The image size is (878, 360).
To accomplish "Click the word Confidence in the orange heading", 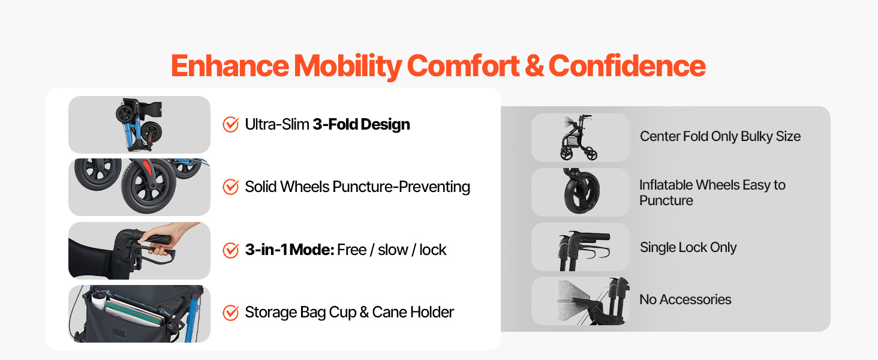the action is [x=627, y=66].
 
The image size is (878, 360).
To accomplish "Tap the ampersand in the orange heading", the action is [x=534, y=66].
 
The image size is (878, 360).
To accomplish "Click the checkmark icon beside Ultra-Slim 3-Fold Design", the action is [x=230, y=124].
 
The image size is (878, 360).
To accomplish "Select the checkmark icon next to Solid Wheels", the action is [x=230, y=187].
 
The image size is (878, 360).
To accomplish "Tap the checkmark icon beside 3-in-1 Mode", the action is [x=230, y=250].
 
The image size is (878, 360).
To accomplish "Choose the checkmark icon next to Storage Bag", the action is [x=230, y=313].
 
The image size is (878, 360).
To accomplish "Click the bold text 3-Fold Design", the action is [x=361, y=125].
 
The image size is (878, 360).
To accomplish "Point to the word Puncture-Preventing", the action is [x=401, y=187].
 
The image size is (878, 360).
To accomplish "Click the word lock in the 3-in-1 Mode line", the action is [x=433, y=250].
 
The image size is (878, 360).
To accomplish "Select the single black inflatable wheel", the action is [x=582, y=192].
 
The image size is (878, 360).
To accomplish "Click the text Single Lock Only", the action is [x=688, y=247].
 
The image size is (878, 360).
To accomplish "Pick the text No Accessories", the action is [x=685, y=299].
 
